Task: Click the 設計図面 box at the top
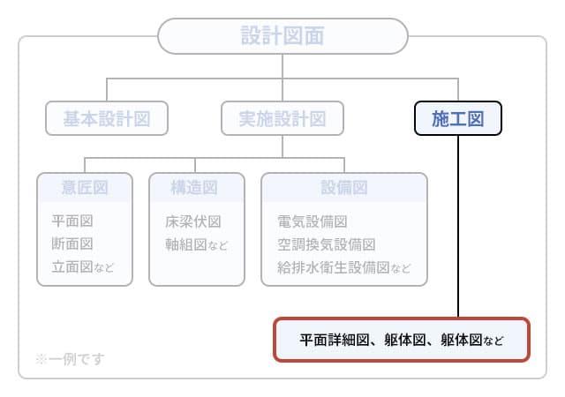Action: coord(282,35)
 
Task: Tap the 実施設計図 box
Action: coord(282,118)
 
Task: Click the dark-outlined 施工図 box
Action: coord(458,118)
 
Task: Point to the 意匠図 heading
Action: coord(85,187)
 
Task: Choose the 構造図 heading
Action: coord(195,187)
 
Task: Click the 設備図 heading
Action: coord(344,187)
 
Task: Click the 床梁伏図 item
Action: coord(192,221)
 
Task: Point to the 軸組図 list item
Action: coord(186,243)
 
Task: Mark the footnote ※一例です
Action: coord(70,359)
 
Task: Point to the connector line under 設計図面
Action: coord(282,66)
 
